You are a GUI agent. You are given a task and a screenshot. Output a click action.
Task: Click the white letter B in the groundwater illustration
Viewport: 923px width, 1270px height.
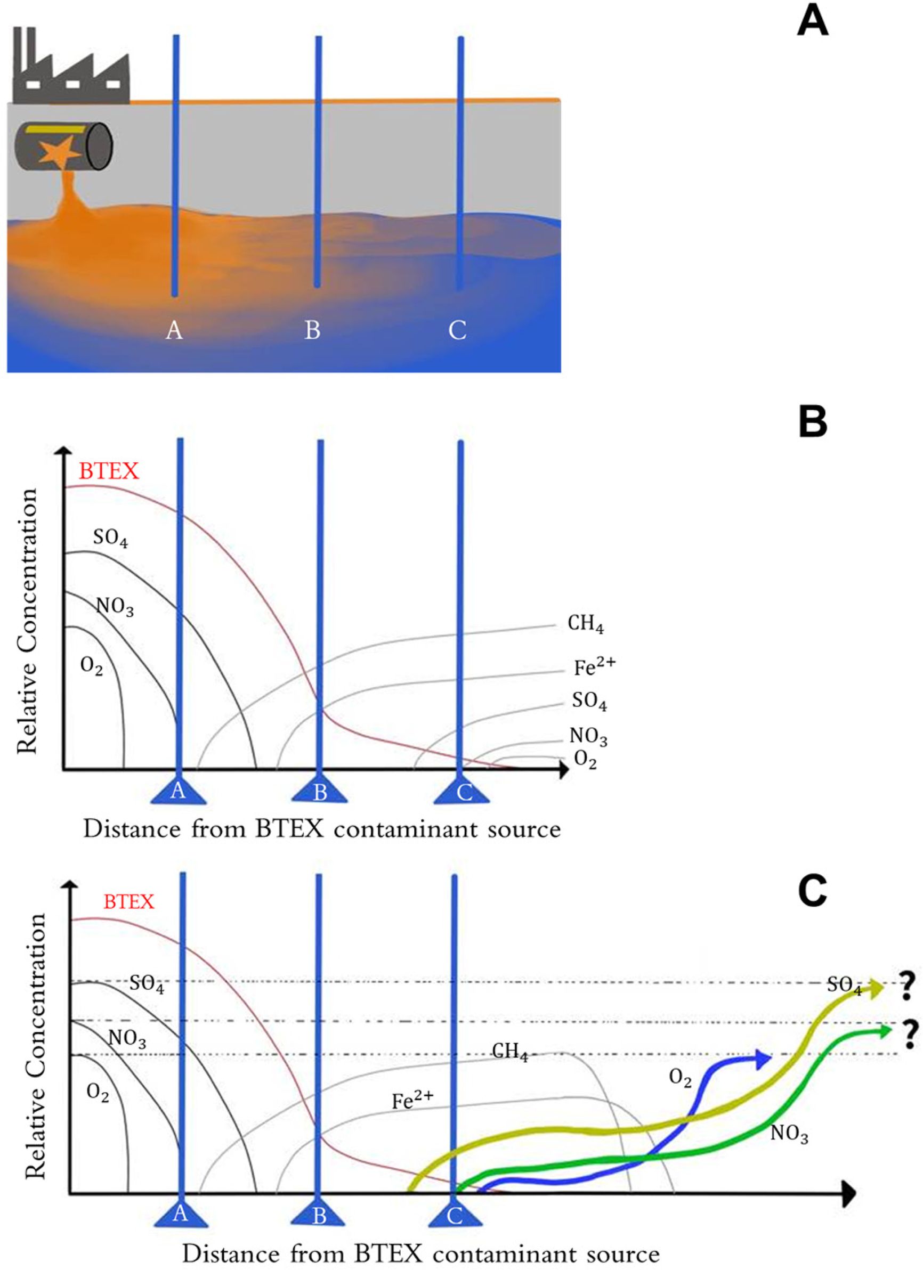click(x=312, y=330)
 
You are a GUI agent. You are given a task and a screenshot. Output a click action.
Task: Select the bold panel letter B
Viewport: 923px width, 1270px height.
click(x=812, y=424)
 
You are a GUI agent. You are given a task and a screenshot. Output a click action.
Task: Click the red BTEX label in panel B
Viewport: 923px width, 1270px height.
click(x=109, y=471)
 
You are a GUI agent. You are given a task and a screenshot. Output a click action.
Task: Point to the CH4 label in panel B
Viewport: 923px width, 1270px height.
click(x=585, y=624)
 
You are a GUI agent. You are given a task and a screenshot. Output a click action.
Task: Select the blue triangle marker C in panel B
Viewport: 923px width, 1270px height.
click(x=463, y=791)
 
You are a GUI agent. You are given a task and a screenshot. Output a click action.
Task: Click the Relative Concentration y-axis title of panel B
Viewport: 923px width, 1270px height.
click(x=28, y=622)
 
